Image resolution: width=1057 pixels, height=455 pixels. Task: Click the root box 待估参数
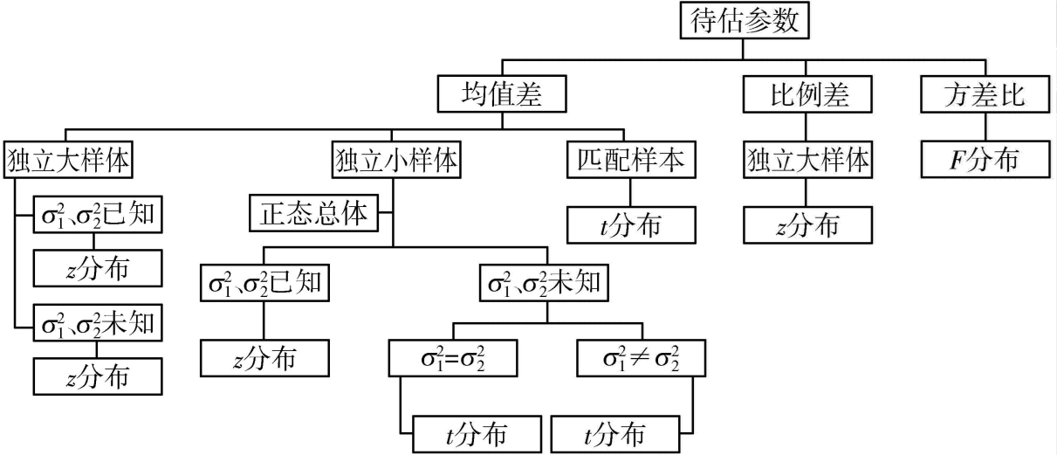tap(745, 22)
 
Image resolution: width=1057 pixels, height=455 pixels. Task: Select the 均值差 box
tap(501, 93)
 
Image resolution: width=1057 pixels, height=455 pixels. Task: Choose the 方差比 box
tap(985, 93)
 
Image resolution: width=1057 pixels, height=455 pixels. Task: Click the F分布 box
tap(985, 161)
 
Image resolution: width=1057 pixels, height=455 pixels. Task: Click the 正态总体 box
tap(314, 213)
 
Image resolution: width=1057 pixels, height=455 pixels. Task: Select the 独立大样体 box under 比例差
tap(808, 162)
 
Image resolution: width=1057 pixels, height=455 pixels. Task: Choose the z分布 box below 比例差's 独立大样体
tap(808, 225)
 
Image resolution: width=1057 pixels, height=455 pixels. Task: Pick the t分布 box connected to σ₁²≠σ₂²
tap(614, 432)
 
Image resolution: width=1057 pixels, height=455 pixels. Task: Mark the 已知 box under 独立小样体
tap(264, 284)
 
